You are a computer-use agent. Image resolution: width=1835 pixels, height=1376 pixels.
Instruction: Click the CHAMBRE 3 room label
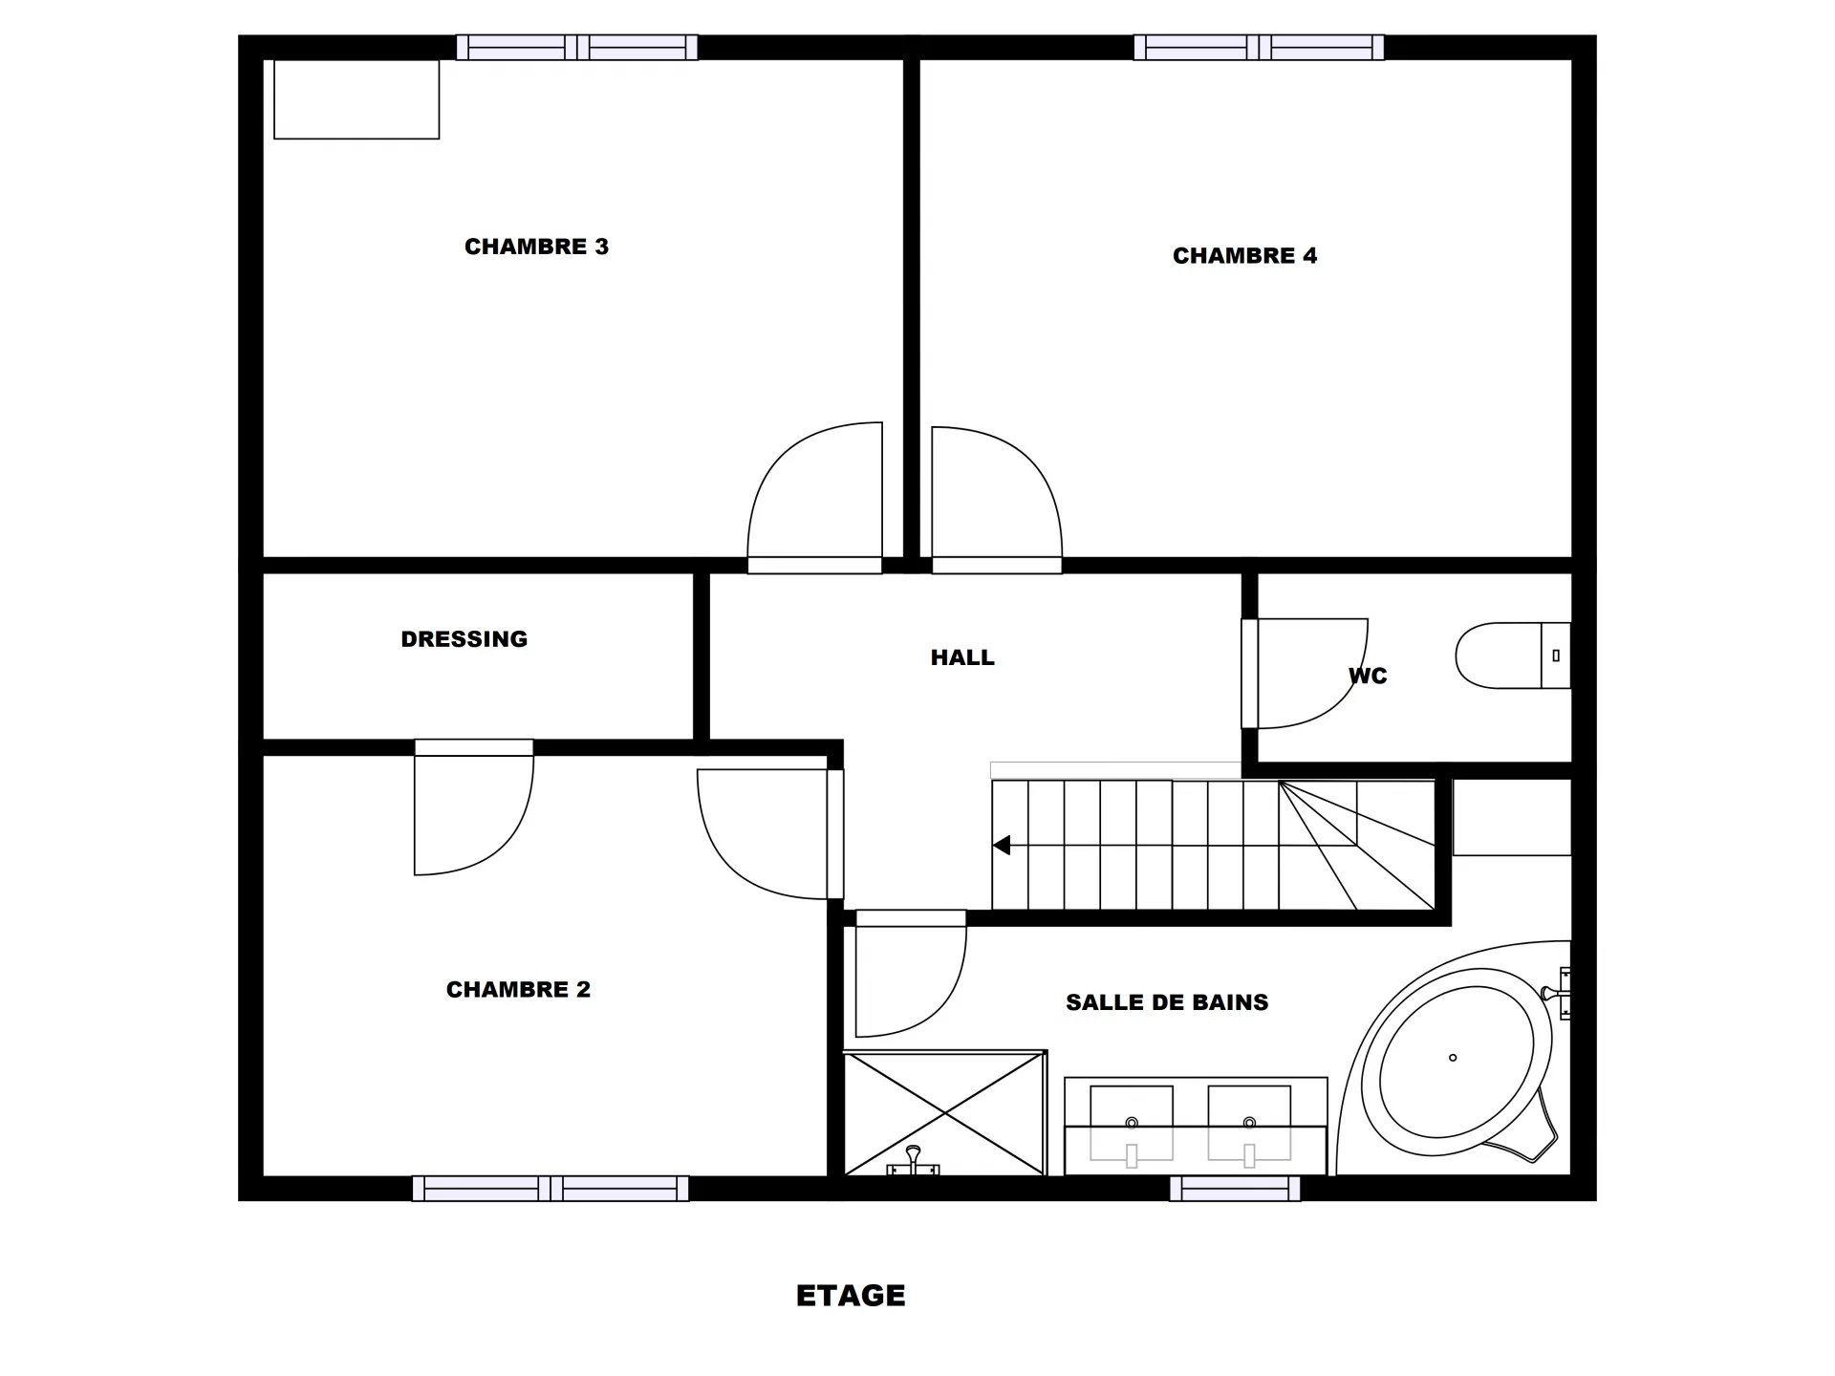(x=536, y=247)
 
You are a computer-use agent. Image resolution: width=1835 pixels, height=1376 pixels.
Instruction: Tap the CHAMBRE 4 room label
(x=1244, y=256)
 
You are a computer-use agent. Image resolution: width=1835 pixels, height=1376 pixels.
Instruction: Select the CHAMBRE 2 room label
(x=518, y=990)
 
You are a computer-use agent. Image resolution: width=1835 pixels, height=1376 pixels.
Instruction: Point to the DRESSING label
(x=464, y=639)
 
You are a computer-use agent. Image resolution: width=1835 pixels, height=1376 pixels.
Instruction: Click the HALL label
(x=962, y=657)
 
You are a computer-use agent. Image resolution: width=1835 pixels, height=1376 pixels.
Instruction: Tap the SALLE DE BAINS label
(x=1167, y=1002)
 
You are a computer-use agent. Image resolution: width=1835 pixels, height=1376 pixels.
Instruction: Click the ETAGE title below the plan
(x=851, y=1296)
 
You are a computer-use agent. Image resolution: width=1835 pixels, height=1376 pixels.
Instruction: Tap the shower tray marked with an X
(x=944, y=1113)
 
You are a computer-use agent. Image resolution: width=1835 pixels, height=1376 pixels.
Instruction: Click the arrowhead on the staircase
(x=1002, y=846)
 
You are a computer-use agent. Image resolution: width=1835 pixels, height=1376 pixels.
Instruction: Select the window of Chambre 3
(x=576, y=48)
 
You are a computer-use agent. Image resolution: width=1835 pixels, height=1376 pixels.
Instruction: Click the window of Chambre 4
(x=1259, y=48)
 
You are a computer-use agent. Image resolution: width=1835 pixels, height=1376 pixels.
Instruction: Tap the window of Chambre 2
(x=550, y=1189)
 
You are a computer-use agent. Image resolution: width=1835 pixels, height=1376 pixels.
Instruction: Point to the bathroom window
(x=1235, y=1189)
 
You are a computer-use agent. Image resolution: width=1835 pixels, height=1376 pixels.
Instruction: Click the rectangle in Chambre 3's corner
(x=356, y=99)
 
